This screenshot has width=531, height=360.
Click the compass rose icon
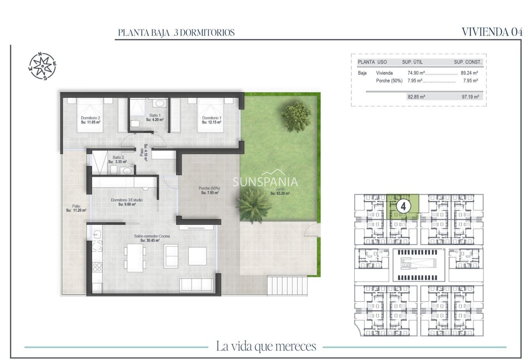pos(42,66)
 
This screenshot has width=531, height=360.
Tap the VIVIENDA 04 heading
pos(492,32)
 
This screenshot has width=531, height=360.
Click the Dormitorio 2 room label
pos(91,119)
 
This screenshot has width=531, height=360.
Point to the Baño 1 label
pos(155,117)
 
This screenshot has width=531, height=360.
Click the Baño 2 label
pos(118,159)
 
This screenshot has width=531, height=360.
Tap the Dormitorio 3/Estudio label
pos(127,202)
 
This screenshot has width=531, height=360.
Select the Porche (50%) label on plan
pos(210,190)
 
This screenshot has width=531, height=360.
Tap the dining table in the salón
pos(135,257)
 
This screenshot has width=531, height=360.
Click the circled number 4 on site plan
pos(403,206)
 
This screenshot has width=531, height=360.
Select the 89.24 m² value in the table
pos(469,73)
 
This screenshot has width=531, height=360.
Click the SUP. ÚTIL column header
pos(412,62)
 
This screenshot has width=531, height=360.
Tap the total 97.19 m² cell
pos(470,97)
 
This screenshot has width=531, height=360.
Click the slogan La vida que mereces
pos(266,346)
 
